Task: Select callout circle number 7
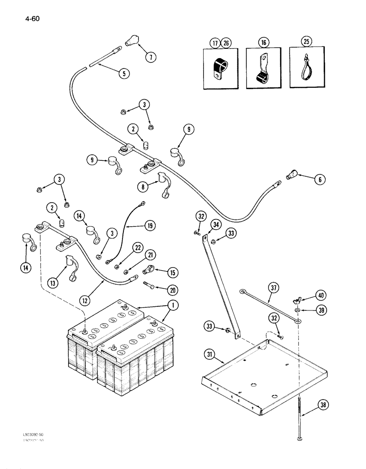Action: click(x=150, y=57)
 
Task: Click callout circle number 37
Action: click(x=274, y=287)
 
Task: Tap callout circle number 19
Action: click(x=149, y=226)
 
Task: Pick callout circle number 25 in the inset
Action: click(x=307, y=42)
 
